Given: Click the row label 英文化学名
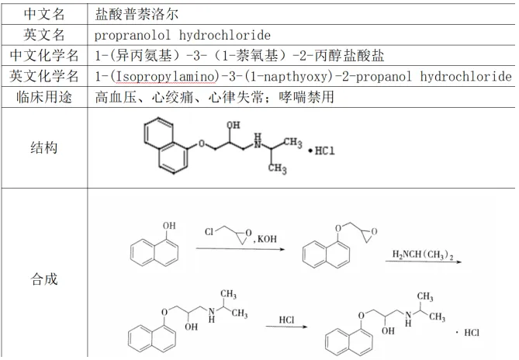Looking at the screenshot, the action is click(x=44, y=76).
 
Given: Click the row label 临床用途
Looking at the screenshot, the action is click(x=44, y=97).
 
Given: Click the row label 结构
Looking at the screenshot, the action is click(x=44, y=147).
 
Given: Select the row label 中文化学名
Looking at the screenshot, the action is click(x=44, y=56).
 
